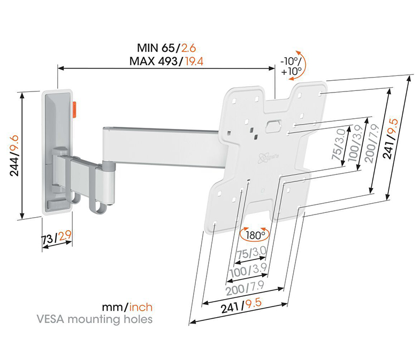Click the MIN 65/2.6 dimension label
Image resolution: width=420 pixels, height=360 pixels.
(166, 48)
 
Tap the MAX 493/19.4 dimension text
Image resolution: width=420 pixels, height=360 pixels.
(166, 62)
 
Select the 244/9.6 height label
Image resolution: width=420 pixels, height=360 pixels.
(14, 156)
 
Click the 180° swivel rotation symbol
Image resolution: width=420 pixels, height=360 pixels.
(254, 234)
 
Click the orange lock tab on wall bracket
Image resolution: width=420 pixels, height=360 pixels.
(75, 110)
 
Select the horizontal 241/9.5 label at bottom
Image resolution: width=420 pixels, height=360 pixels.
(241, 306)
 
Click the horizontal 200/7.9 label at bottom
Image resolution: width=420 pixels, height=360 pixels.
(245, 288)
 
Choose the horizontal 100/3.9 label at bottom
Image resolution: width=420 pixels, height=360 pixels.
(248, 270)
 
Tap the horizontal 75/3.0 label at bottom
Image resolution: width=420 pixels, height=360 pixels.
(251, 253)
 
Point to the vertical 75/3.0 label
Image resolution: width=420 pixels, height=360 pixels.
(339, 144)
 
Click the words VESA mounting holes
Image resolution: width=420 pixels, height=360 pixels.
(95, 319)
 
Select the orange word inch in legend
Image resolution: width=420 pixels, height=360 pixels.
(141, 307)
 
